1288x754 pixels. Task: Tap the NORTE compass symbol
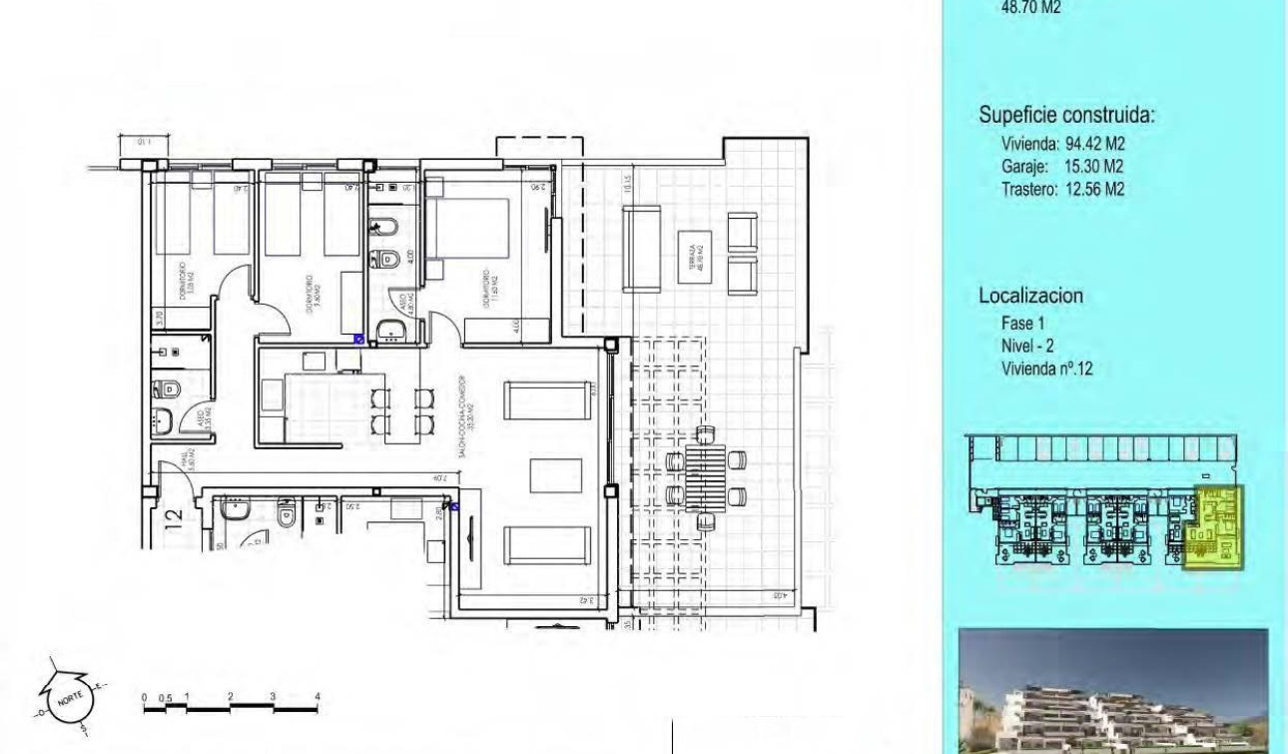tap(71, 694)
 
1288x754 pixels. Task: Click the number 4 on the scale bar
tap(317, 695)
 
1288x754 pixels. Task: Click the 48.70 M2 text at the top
tap(1029, 8)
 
